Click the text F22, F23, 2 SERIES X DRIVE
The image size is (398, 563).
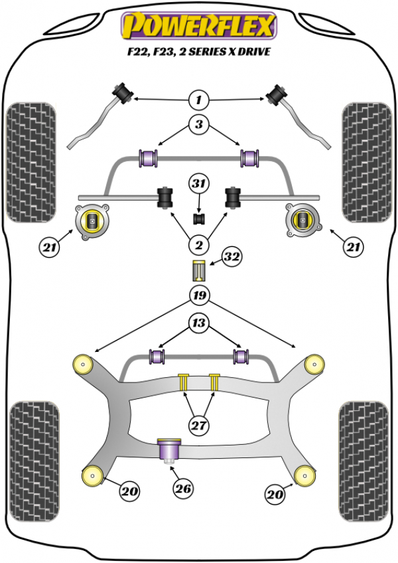tap(198, 52)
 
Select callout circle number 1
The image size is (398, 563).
tap(198, 101)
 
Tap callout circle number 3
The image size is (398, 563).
tap(198, 124)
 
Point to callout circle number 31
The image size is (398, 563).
tap(198, 184)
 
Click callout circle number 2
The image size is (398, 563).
tap(198, 246)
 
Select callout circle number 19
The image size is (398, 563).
tap(198, 295)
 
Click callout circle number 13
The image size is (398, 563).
tap(198, 323)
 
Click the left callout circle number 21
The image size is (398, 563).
tap(48, 248)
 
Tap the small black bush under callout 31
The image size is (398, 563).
tap(198, 218)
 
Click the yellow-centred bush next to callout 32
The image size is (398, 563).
tap(198, 272)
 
